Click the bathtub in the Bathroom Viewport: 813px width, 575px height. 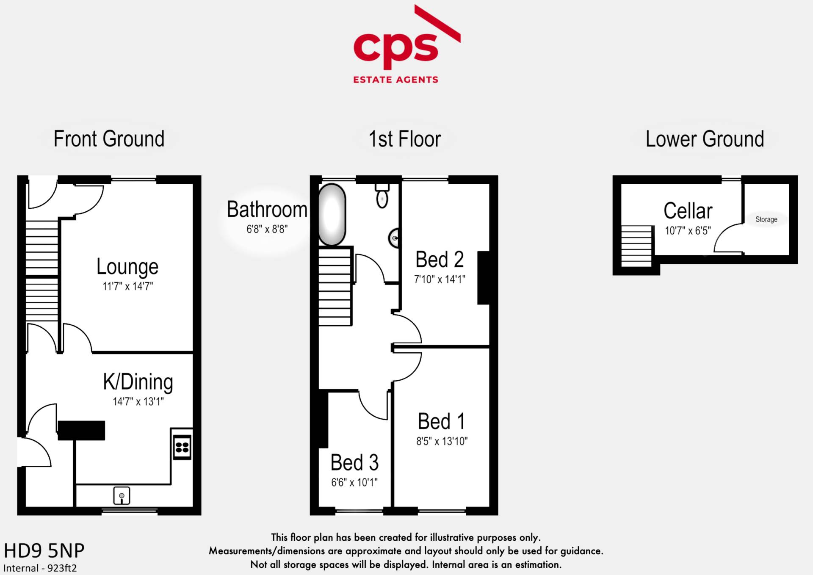tap(332, 214)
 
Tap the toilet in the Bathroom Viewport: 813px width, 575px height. tap(382, 196)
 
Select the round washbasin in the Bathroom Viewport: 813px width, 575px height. tap(395, 238)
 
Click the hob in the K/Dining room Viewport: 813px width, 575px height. tap(182, 447)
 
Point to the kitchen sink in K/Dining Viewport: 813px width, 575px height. tap(122, 496)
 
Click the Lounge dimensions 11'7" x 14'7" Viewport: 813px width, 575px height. tap(127, 286)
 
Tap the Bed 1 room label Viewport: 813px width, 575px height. tap(441, 421)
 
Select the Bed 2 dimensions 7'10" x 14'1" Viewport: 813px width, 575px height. tap(440, 279)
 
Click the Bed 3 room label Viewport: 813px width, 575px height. tap(354, 462)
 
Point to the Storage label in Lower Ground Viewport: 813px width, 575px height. tap(766, 219)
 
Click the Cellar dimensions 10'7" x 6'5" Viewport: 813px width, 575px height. tap(688, 231)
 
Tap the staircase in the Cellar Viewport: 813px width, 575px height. tap(636, 246)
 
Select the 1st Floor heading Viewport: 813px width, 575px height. tap(405, 139)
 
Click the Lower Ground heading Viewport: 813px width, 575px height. tap(705, 139)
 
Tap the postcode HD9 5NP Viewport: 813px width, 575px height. tap(44, 551)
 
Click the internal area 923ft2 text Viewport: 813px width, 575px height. tap(40, 568)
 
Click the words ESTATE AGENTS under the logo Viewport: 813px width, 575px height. tap(396, 80)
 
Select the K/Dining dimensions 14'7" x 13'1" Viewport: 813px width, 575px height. tap(138, 401)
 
